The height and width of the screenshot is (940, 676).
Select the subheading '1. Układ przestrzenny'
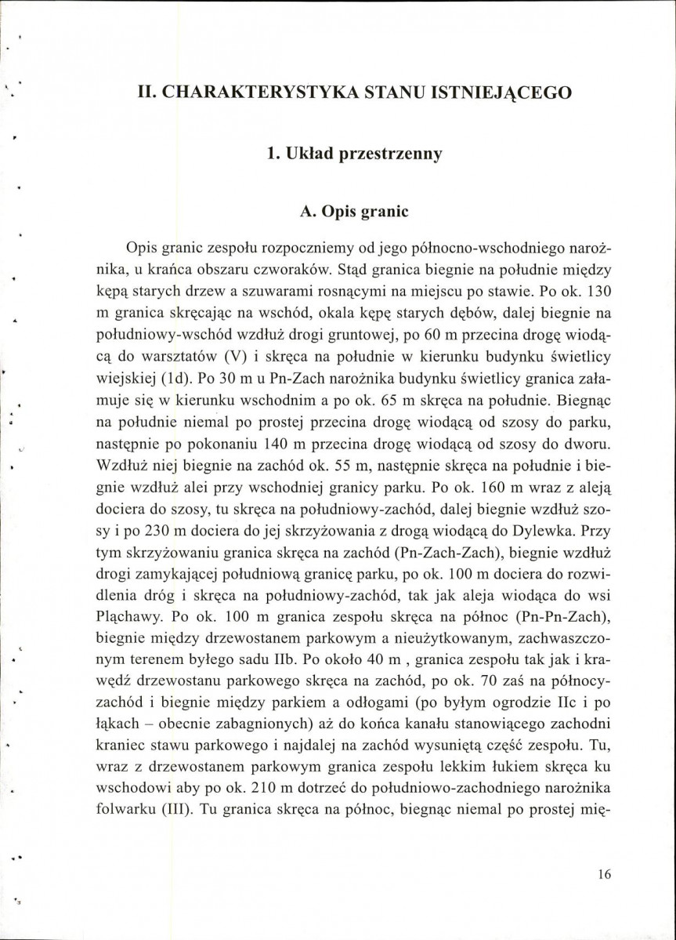point(354,153)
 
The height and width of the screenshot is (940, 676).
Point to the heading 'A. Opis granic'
point(354,212)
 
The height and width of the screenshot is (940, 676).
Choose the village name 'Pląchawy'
point(138,612)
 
